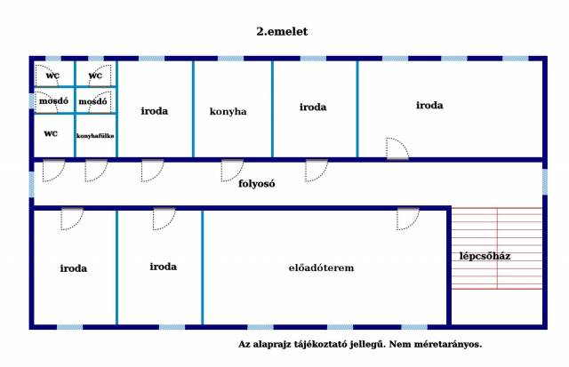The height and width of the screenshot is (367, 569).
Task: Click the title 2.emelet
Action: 282,32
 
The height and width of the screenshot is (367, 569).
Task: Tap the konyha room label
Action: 228,111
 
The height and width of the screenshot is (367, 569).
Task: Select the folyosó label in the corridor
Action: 257,183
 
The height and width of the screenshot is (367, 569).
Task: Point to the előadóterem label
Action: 321,268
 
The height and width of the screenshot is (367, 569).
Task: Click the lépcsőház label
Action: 485,256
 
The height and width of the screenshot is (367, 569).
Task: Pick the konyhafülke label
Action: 95,136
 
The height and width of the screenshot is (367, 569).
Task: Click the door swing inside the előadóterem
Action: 408,219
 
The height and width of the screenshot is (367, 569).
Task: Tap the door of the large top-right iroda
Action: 397,148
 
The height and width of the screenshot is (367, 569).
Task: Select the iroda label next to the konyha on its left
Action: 154,111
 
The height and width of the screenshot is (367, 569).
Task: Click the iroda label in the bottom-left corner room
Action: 73,268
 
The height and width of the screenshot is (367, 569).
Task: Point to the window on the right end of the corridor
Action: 545,182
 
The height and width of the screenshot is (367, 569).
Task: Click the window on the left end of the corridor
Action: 32,185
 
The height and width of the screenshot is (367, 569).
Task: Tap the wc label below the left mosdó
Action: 51,133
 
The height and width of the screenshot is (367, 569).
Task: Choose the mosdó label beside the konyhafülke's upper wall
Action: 92,101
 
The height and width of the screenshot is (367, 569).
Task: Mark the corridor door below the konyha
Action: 232,171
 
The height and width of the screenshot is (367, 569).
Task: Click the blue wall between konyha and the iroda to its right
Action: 273,108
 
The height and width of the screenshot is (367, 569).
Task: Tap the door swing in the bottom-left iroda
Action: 72,219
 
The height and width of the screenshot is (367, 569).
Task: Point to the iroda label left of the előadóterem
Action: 163,267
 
